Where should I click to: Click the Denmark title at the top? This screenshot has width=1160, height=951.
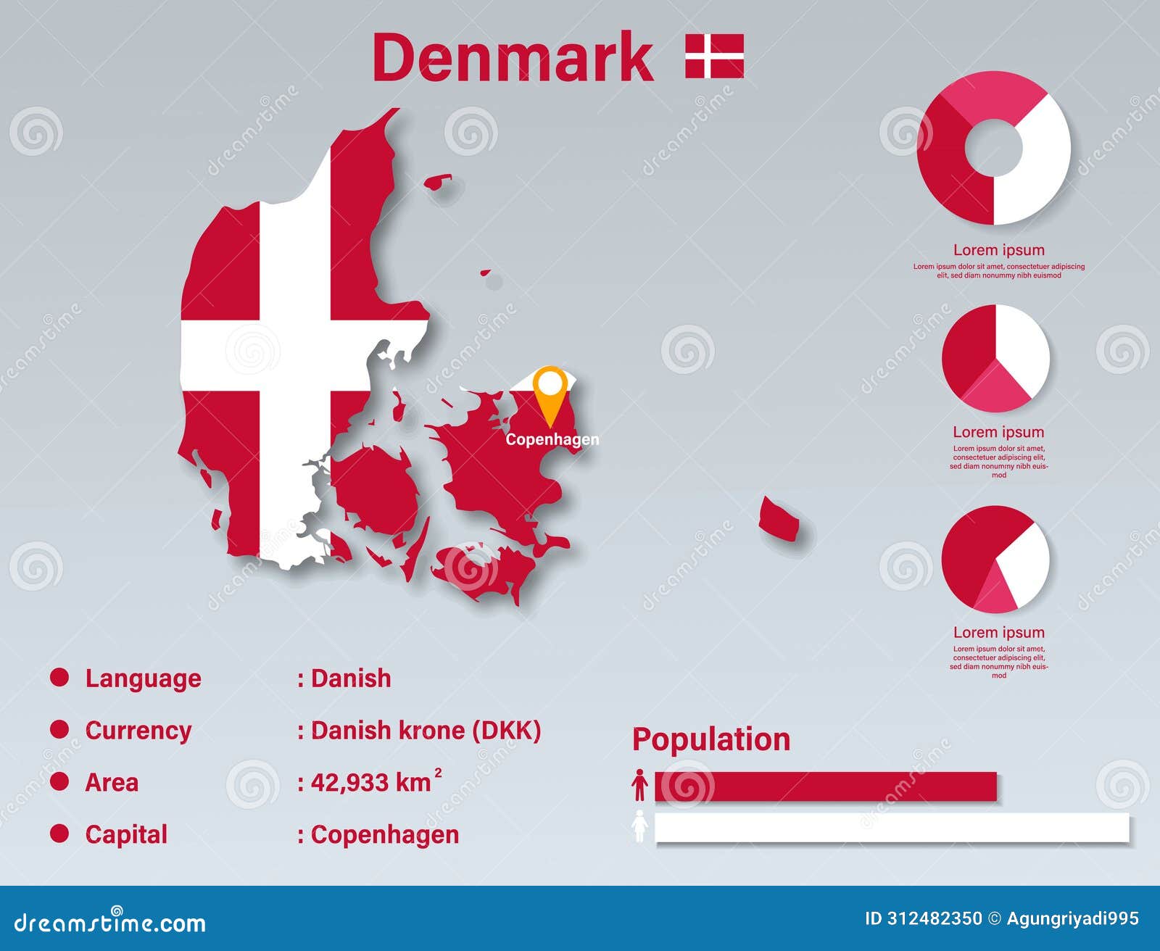(513, 58)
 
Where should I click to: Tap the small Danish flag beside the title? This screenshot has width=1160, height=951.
(714, 56)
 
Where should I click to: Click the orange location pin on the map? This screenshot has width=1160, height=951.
(550, 391)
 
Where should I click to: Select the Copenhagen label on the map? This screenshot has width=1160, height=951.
(552, 439)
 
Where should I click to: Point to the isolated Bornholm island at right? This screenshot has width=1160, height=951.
(779, 519)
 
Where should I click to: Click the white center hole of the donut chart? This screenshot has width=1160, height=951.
(993, 147)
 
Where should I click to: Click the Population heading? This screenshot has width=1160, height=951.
(710, 739)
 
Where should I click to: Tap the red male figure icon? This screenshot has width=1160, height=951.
(639, 786)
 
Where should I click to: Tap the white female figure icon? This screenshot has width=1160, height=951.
(639, 826)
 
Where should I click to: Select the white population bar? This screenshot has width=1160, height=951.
(892, 827)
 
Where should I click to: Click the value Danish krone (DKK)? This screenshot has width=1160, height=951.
(425, 730)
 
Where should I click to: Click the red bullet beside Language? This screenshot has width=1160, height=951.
(59, 678)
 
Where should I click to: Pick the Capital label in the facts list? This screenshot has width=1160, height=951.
(126, 834)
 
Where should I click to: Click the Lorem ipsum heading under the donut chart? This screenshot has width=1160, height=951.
(998, 250)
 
